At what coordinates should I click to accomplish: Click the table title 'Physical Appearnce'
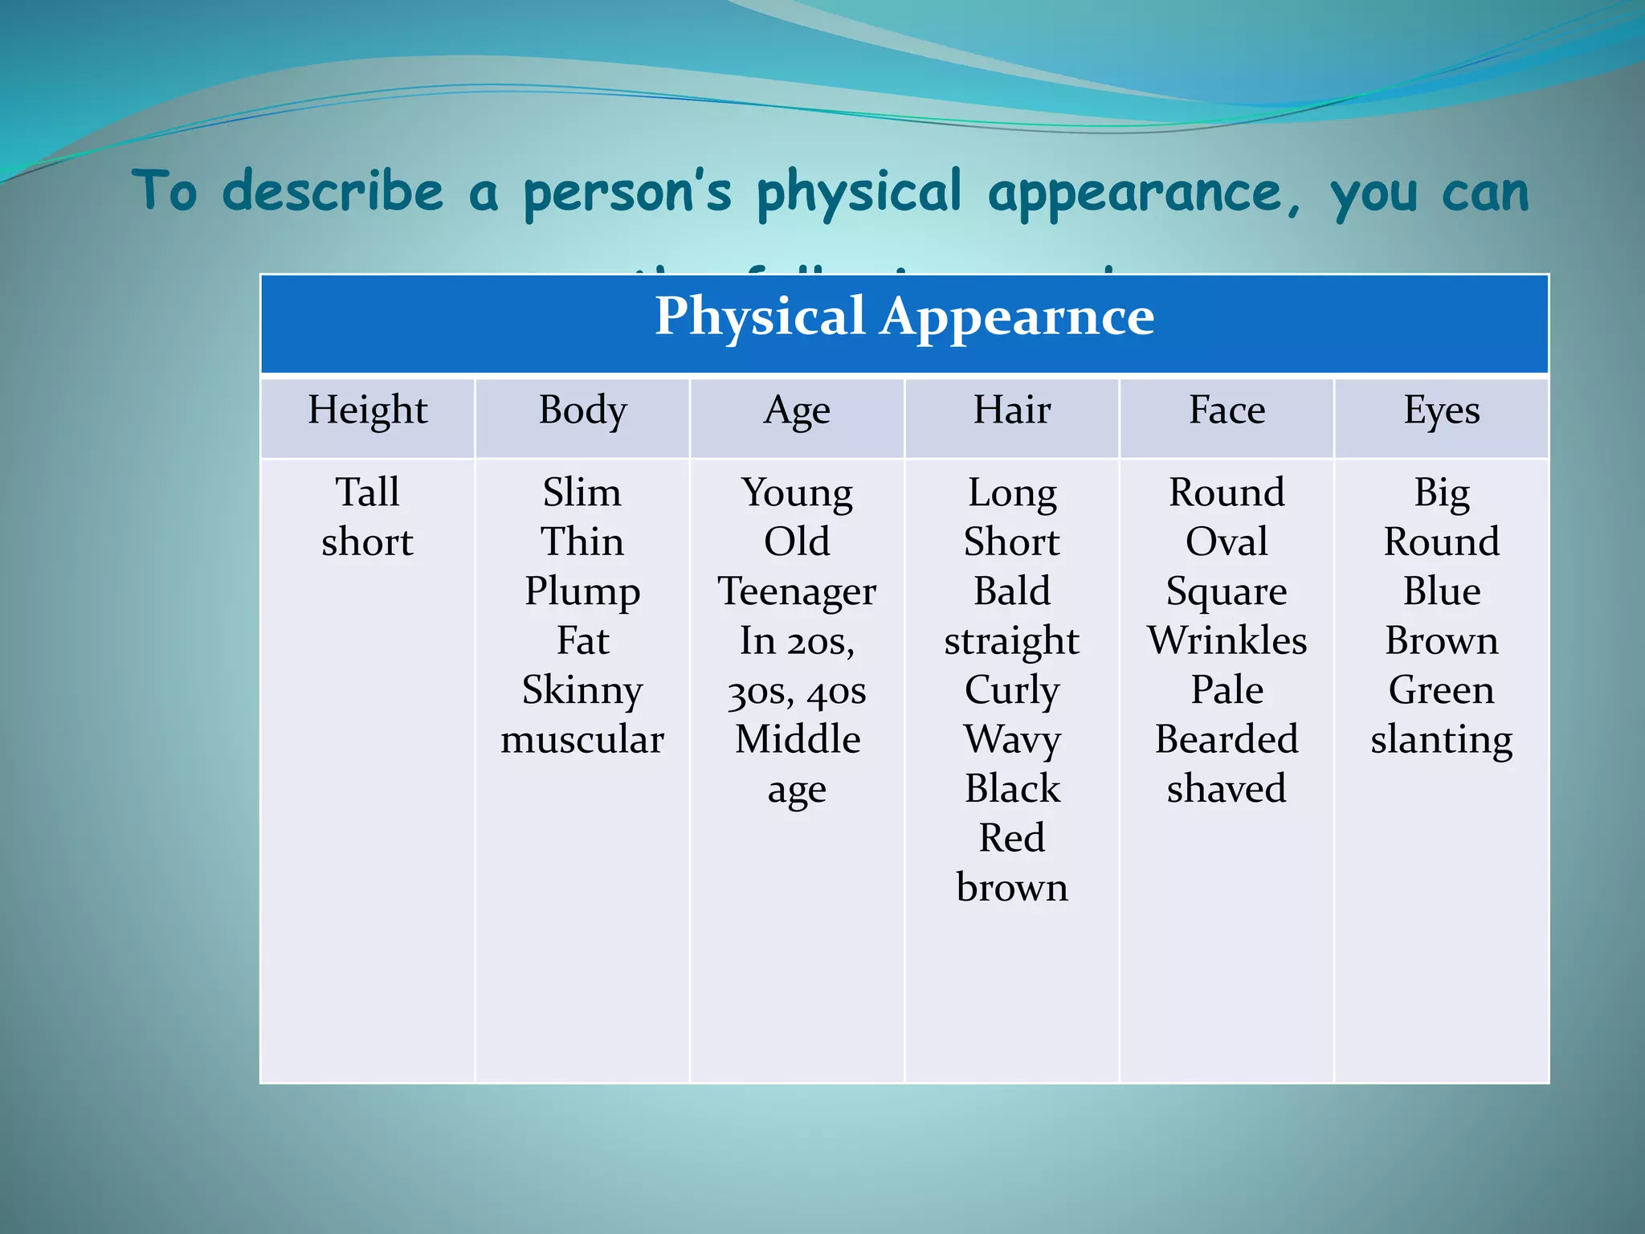904,316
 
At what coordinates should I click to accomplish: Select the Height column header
367,410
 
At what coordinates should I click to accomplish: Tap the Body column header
582,410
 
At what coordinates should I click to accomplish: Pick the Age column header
797,411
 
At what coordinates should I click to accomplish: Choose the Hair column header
1012,410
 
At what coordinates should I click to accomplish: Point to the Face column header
1227,410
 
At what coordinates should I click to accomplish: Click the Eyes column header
1442,411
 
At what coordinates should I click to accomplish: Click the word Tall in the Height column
367,492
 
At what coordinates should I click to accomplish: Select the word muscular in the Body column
582,739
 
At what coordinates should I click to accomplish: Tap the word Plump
582,591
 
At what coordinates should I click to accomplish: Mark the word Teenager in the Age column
797,591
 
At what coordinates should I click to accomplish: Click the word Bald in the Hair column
1012,591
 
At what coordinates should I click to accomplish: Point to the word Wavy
1012,739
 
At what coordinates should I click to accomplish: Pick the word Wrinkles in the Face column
1227,640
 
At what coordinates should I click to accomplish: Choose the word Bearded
1227,739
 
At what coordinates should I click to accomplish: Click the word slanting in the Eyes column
1442,739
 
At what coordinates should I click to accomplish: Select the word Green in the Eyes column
1442,689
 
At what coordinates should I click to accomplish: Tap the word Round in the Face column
1227,492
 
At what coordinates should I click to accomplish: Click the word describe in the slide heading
332,193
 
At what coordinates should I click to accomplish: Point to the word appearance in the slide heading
1134,193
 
